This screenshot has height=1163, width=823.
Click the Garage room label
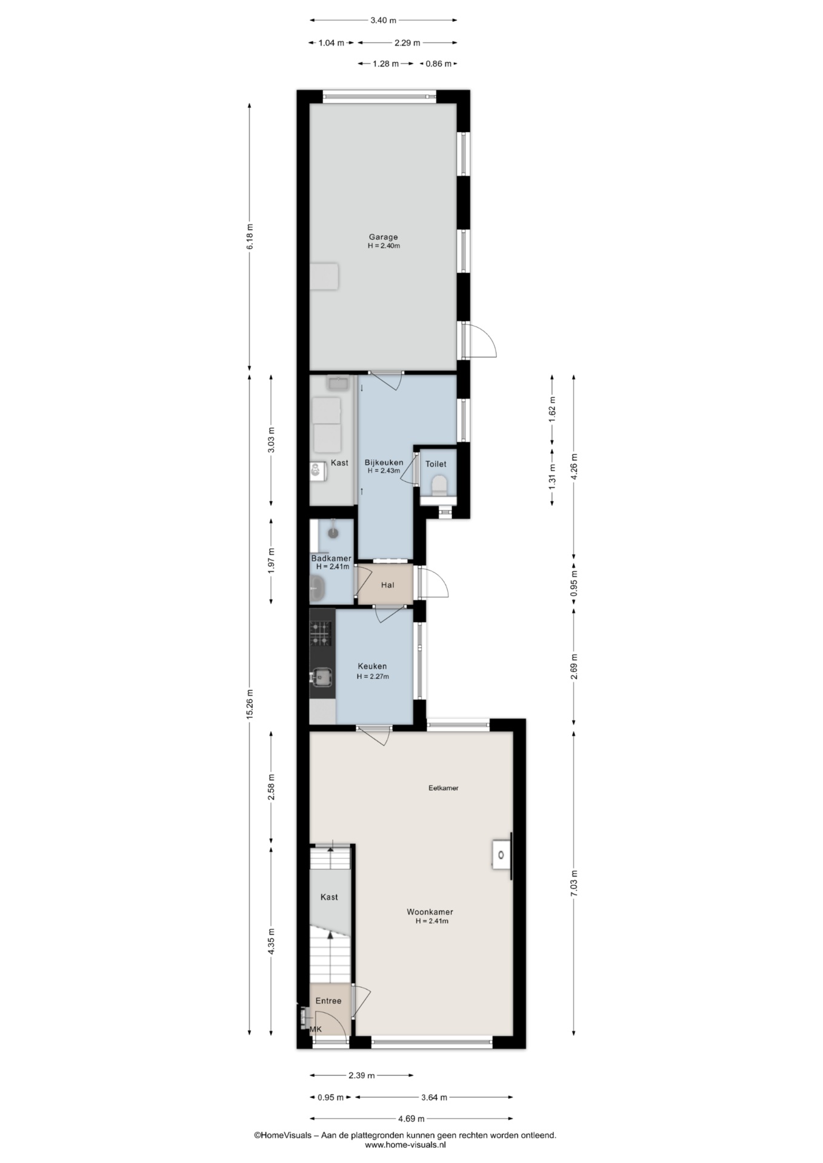point(384,237)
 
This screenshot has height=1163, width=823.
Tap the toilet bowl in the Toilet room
point(439,485)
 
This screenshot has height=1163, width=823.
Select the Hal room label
point(387,585)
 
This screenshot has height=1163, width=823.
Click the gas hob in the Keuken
point(321,633)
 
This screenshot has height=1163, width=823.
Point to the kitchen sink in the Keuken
point(322,677)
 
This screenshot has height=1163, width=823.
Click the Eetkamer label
point(444,788)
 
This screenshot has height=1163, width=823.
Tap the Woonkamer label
point(430,912)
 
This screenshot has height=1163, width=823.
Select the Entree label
point(328,1001)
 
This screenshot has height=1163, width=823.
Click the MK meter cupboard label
point(316,1029)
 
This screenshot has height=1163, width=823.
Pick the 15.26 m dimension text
point(250,705)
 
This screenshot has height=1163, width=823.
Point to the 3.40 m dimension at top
point(384,20)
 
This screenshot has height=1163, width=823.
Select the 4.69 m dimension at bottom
point(411,1119)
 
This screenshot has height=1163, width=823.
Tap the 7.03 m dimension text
point(574,883)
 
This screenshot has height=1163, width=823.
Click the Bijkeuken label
point(384,463)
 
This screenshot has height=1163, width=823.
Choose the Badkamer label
point(331,558)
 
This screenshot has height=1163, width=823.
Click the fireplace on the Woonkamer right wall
point(502,855)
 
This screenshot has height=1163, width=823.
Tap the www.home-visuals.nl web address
point(405,1145)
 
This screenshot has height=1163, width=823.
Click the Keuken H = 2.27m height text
point(373,677)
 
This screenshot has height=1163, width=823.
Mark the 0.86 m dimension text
point(438,64)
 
